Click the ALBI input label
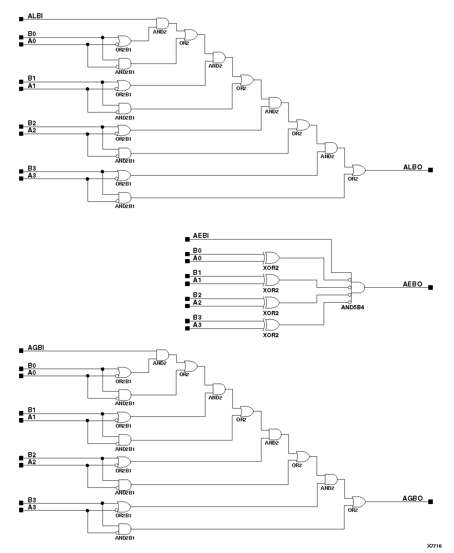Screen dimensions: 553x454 [35, 16]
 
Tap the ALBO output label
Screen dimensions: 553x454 [413, 167]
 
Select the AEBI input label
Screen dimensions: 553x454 [201, 236]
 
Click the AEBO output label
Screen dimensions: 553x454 [413, 284]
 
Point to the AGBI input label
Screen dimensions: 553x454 [36, 347]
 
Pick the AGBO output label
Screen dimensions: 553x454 [413, 499]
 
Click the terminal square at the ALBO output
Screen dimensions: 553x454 [430, 170]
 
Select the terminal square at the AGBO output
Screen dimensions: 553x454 [430, 502]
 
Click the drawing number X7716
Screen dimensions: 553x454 [434, 546]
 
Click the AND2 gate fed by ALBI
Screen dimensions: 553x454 [162, 23]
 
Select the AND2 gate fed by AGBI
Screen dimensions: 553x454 [162, 355]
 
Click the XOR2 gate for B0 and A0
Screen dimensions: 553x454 [271, 258]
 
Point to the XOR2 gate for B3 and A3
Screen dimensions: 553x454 [271, 325]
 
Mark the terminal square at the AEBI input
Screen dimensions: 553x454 [187, 239]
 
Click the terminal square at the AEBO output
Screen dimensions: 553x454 [430, 287]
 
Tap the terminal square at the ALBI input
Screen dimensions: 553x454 [21, 19]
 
